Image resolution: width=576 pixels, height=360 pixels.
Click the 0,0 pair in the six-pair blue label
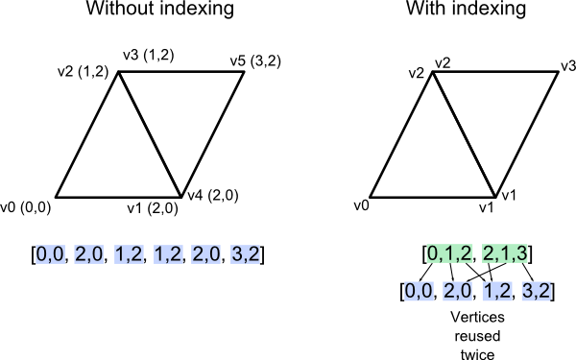tap(50, 254)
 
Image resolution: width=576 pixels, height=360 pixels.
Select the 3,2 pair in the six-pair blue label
tap(246, 254)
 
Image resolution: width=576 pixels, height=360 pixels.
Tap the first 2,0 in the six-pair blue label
tap(89, 254)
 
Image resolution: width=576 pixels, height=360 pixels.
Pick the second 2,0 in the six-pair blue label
tap(206, 254)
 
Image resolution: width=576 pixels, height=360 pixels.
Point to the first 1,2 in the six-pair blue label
tap(129, 254)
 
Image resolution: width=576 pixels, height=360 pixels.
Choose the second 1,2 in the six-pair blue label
tap(168, 254)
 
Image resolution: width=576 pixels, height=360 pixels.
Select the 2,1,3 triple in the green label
tap(506, 253)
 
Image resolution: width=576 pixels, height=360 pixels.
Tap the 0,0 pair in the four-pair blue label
tap(419, 291)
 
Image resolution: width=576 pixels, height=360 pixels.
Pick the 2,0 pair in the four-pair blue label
tap(458, 291)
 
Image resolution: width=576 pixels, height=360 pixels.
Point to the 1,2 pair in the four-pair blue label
tap(497, 291)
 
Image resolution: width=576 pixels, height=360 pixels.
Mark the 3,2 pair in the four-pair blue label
tap(536, 291)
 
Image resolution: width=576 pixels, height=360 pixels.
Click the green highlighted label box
tap(478, 253)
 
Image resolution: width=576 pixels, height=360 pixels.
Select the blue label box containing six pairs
tap(149, 254)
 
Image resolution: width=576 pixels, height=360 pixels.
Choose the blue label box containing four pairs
tap(477, 291)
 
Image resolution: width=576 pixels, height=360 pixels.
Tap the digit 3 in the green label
tap(522, 253)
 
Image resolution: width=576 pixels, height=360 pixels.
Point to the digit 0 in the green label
tap(433, 253)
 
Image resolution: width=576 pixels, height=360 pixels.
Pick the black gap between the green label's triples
tap(477, 253)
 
